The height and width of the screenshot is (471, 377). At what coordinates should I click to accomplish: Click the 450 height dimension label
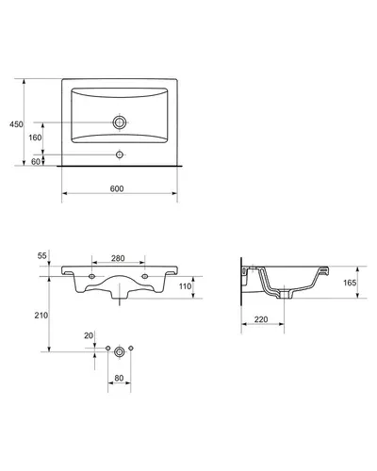[x=16, y=124]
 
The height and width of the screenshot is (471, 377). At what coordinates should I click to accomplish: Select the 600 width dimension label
[x=117, y=188]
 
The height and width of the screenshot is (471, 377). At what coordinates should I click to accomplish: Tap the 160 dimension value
[x=35, y=138]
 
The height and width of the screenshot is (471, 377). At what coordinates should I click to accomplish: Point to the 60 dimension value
[x=36, y=161]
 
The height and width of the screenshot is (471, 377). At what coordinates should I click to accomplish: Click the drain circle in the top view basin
[x=120, y=122]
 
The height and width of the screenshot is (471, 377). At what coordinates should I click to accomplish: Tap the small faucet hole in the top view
[x=120, y=154]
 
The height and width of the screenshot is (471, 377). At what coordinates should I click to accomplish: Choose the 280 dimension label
[x=118, y=258]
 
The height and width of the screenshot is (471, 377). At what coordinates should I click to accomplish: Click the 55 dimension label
[x=42, y=255]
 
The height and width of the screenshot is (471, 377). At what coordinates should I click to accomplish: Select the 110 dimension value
[x=185, y=286]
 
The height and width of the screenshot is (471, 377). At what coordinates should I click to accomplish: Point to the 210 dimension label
[x=41, y=316]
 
